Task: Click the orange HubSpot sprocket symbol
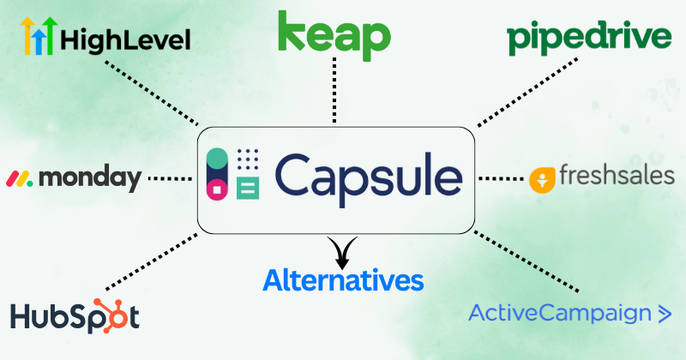(x=120, y=313)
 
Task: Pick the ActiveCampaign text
(x=560, y=313)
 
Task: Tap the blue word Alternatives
(x=343, y=280)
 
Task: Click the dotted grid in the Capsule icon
(x=247, y=159)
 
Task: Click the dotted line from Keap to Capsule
(x=334, y=94)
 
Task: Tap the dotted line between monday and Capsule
(x=171, y=178)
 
